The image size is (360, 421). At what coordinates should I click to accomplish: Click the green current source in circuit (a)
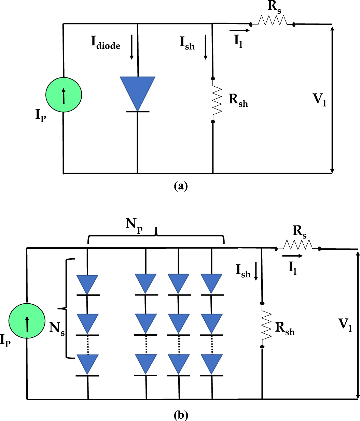click(x=64, y=95)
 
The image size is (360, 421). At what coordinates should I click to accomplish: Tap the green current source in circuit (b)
click(x=27, y=321)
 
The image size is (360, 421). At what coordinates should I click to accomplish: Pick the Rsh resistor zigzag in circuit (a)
click(x=217, y=100)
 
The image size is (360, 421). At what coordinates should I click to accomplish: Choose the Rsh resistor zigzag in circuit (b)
click(x=266, y=325)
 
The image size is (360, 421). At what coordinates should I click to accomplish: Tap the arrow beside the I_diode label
click(x=131, y=51)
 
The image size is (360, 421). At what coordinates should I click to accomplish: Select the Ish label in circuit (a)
click(x=187, y=43)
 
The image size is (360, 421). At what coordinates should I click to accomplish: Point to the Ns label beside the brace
click(x=57, y=328)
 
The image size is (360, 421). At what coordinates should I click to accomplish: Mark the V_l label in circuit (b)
click(x=345, y=324)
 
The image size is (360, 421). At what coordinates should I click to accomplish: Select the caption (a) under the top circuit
click(x=181, y=186)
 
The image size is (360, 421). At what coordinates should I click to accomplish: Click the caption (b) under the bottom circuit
click(x=181, y=415)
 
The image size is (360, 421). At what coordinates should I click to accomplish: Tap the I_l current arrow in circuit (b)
click(x=292, y=256)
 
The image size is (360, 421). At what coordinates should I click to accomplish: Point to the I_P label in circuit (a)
click(x=40, y=115)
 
